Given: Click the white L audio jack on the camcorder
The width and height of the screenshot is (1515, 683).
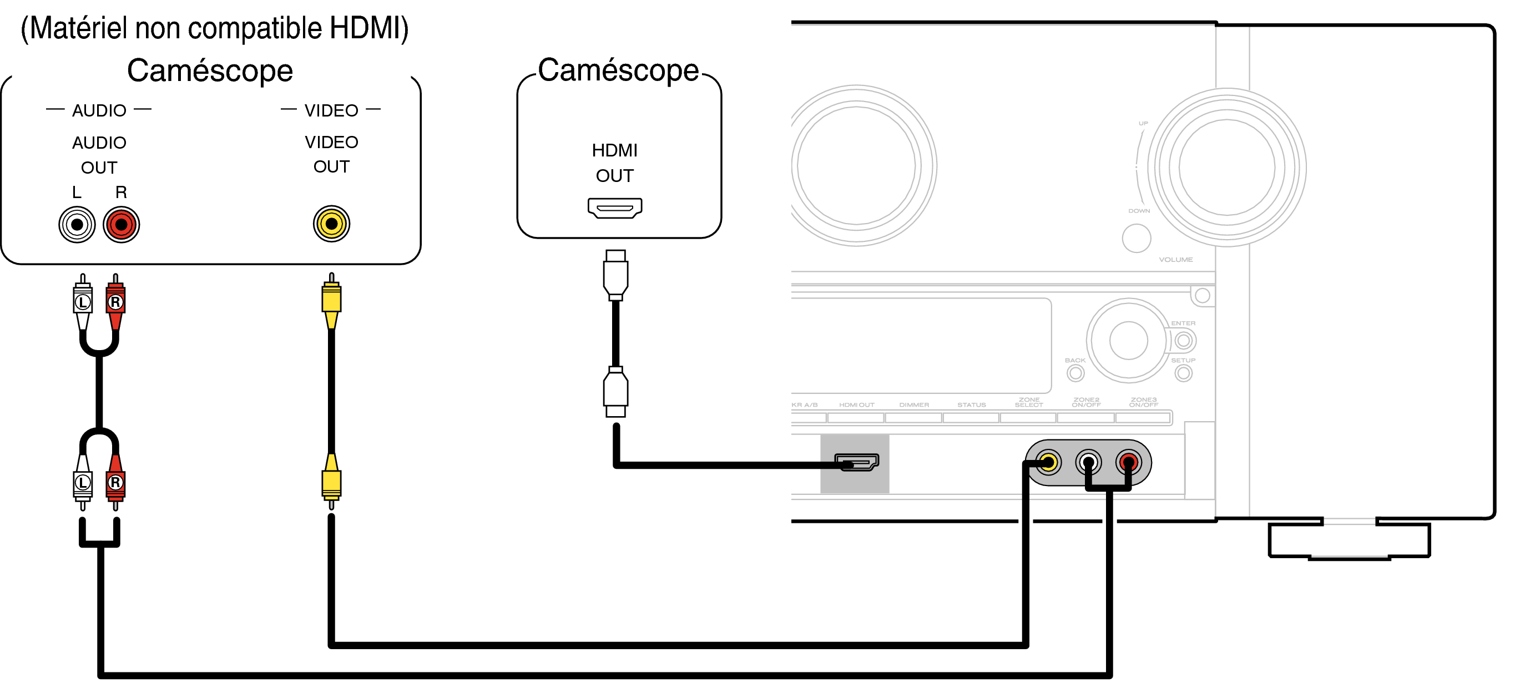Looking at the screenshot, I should tap(77, 225).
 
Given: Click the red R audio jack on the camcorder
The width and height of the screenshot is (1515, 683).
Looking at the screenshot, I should tap(121, 225).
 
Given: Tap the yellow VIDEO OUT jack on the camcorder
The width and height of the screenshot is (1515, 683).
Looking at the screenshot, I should tap(331, 224).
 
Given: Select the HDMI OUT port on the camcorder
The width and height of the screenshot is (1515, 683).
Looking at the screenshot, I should tap(614, 208).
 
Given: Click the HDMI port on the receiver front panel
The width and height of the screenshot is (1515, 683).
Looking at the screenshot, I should tap(856, 462).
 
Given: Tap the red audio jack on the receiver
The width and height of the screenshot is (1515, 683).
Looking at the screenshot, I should tap(1128, 462).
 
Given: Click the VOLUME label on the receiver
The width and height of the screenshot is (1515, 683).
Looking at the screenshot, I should tap(1176, 260).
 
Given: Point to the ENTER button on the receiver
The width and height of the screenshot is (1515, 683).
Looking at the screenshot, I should tap(1183, 340).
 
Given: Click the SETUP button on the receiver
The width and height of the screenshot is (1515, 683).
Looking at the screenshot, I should tap(1183, 373).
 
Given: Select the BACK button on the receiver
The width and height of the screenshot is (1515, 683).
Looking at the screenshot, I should tap(1075, 373).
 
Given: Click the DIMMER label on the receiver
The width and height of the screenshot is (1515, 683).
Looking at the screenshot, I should tap(914, 405).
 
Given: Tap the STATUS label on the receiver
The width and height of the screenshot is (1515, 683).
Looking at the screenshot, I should tap(971, 405).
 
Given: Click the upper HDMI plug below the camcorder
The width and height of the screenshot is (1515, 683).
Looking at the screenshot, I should tap(615, 275).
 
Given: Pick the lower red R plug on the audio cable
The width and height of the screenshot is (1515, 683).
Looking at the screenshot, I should tap(115, 482).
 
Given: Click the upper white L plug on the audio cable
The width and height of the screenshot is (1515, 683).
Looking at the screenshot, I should tap(82, 301).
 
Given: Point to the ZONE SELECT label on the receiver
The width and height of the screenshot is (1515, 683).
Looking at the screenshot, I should tap(1029, 403).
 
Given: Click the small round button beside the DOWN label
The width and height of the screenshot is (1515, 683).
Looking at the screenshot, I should tap(1137, 238).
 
